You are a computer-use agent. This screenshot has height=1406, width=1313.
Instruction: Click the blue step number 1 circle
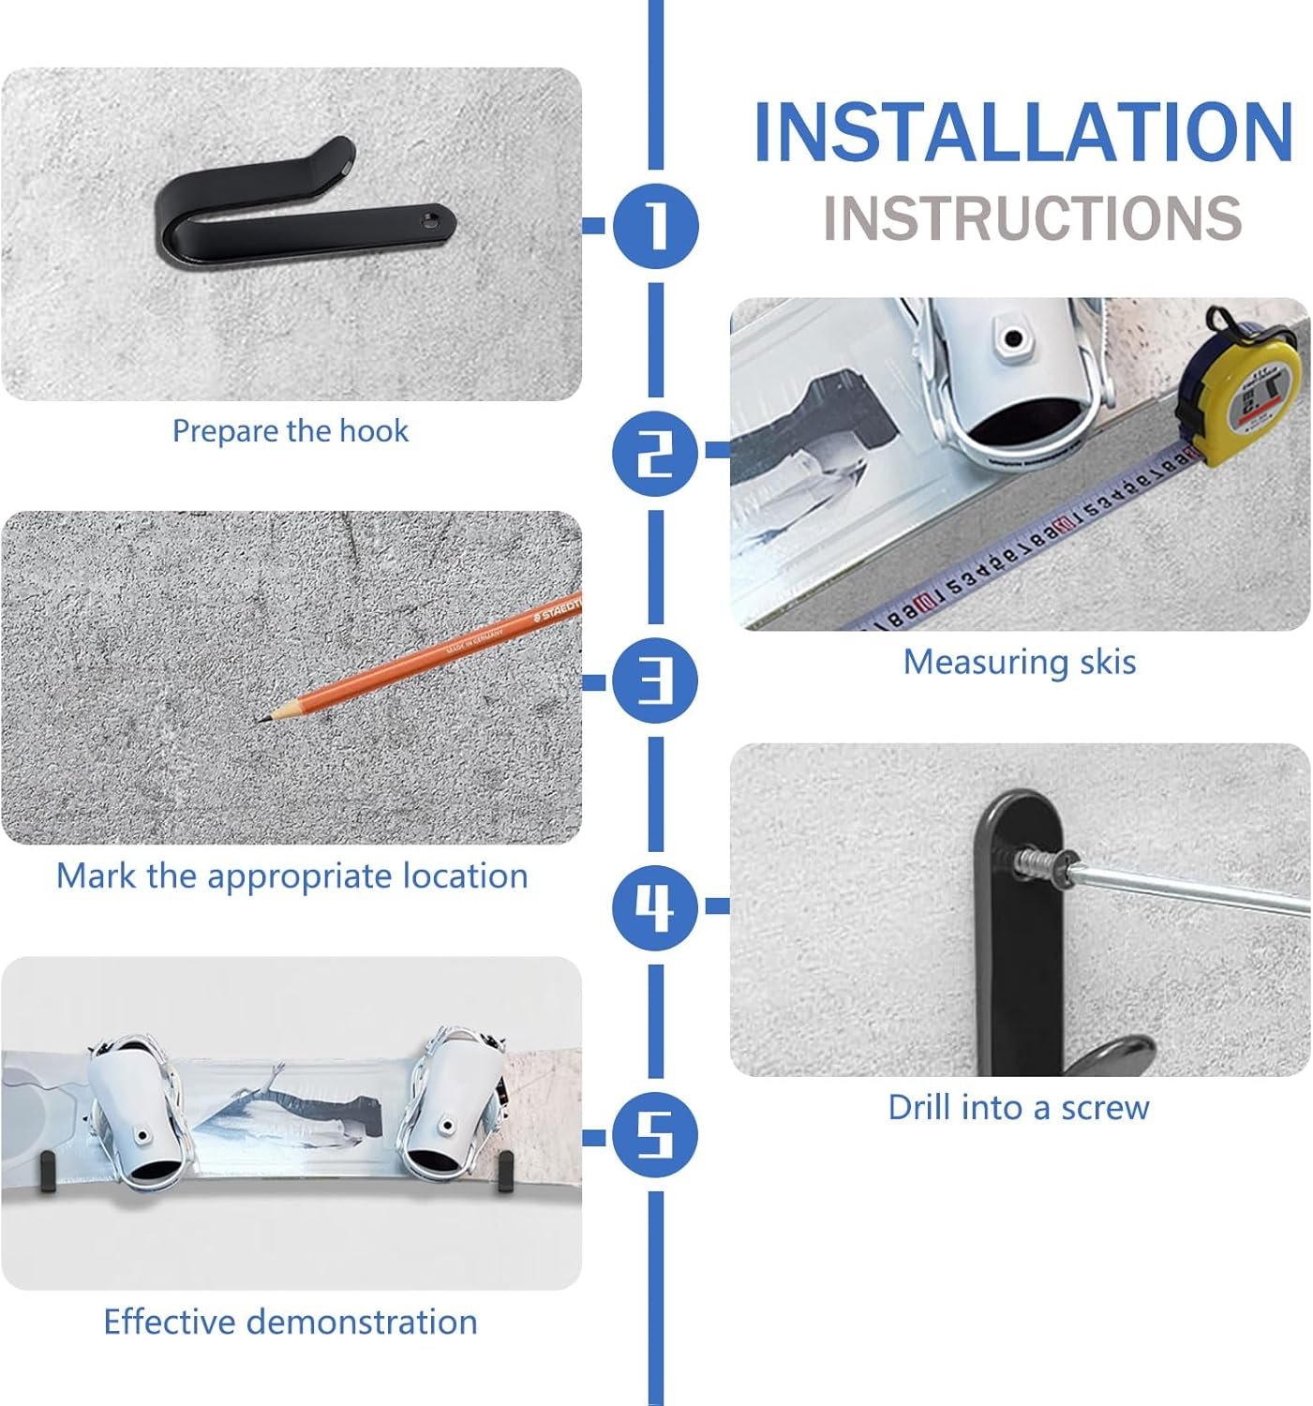tap(656, 226)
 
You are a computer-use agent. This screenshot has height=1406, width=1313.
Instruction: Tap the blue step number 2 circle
tap(655, 453)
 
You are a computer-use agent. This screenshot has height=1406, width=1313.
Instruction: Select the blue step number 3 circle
tap(655, 681)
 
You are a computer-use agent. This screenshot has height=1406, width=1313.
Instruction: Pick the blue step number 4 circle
tap(655, 907)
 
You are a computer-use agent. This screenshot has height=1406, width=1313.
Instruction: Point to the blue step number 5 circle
tap(655, 1135)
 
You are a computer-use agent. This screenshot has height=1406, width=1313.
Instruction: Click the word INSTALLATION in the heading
tap(1024, 132)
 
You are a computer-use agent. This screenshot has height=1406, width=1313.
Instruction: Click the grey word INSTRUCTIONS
tap(1033, 217)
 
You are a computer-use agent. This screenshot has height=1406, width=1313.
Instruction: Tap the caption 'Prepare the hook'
tap(291, 431)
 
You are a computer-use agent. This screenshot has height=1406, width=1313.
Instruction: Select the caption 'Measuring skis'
tap(1020, 663)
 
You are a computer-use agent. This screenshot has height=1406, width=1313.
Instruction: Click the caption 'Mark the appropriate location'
tap(291, 876)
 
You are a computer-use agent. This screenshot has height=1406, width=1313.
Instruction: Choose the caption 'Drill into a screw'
tap(1019, 1108)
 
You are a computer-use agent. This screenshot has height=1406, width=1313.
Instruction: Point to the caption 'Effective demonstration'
tap(291, 1322)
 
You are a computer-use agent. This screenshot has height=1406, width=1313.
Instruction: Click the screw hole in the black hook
tap(428, 221)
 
